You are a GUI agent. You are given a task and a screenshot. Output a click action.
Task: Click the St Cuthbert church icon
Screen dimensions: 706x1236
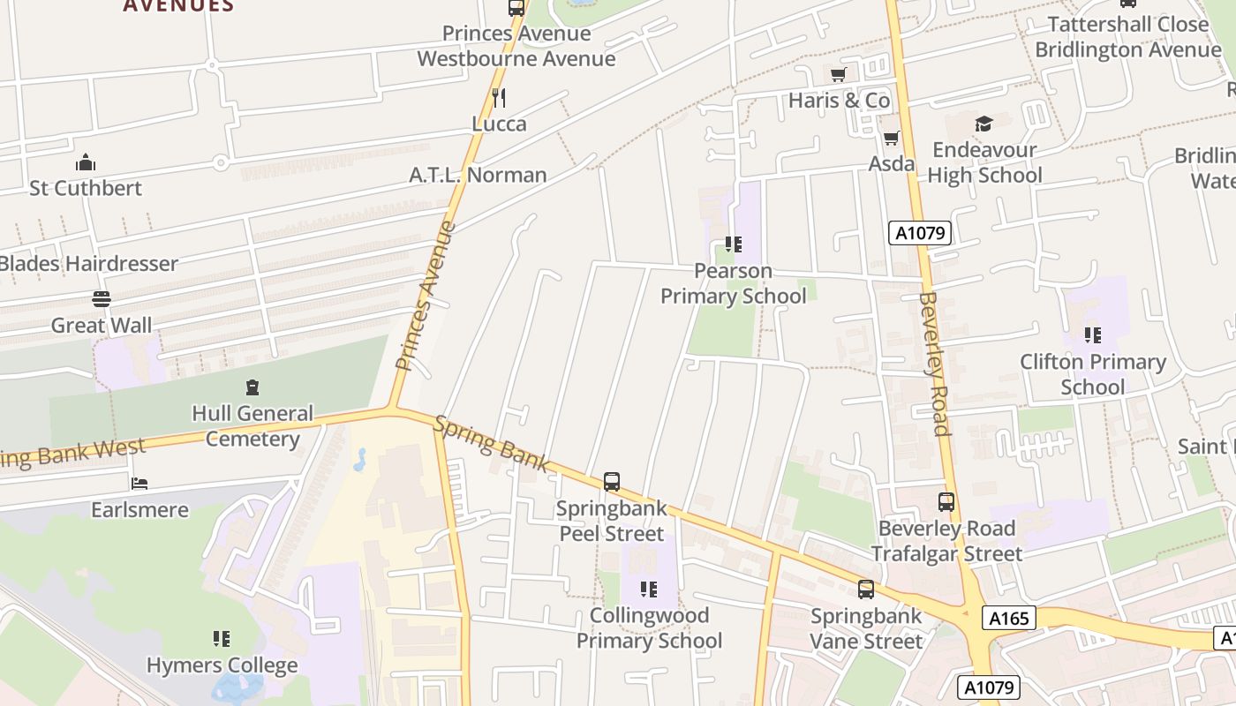[x=86, y=162]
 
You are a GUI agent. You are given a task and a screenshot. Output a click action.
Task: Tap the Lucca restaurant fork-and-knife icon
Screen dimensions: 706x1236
[x=499, y=98]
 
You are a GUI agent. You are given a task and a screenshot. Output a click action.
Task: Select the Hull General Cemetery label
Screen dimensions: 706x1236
[x=252, y=426]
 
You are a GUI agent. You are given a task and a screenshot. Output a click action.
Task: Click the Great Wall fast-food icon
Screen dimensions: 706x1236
[x=102, y=300]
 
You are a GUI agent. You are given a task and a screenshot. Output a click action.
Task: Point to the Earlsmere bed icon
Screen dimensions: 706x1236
[x=139, y=484]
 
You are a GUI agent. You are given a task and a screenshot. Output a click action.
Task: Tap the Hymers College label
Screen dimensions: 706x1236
[x=222, y=665]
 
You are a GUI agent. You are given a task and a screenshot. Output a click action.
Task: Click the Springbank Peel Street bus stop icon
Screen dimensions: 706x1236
[x=612, y=482]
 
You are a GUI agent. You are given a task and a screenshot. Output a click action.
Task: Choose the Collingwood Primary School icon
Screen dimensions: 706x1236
[x=649, y=589]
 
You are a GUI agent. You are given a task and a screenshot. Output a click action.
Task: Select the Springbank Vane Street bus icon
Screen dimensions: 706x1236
[x=866, y=590]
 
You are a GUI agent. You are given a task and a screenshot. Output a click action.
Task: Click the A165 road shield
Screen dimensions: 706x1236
[x=1009, y=618]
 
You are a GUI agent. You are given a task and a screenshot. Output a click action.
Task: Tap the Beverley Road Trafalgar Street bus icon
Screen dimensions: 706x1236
[x=946, y=502]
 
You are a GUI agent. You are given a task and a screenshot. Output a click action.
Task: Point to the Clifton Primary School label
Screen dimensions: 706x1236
[x=1093, y=374]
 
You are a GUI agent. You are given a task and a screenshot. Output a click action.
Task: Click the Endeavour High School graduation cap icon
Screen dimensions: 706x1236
[x=984, y=124]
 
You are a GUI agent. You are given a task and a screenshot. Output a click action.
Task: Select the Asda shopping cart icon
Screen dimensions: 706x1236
[x=892, y=138]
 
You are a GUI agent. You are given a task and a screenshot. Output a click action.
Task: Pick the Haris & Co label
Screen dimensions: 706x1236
[x=839, y=100]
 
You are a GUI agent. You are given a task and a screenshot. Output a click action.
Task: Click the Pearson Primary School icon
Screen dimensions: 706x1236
[x=733, y=244]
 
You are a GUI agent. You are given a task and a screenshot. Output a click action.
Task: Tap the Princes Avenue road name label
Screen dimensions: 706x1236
[x=426, y=296]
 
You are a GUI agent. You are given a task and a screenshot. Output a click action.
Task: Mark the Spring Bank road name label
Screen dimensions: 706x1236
[x=492, y=444]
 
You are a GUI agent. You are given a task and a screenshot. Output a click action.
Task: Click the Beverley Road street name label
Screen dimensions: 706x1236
[x=934, y=364]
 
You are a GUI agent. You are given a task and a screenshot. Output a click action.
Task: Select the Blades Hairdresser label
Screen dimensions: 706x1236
[x=88, y=263]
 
